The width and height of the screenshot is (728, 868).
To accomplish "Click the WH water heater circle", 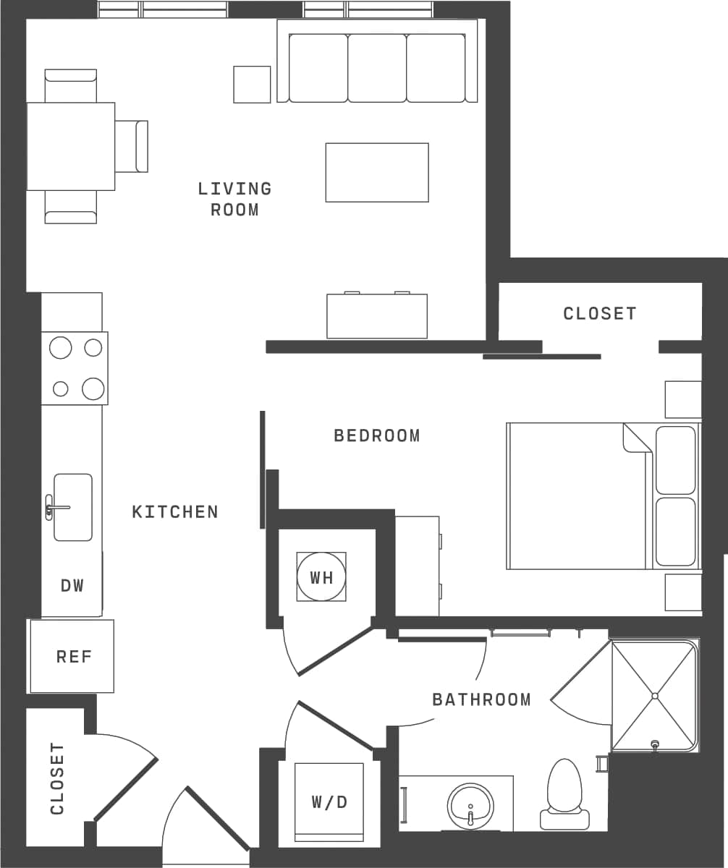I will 321,576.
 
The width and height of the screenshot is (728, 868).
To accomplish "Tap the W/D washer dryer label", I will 329,801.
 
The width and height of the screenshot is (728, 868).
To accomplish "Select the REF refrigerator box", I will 73,656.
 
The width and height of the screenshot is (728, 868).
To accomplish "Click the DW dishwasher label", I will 72,585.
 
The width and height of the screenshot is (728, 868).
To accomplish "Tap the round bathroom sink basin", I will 470,806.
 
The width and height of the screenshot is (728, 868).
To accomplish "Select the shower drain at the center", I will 654,696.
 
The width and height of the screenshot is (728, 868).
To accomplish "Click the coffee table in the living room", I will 376,172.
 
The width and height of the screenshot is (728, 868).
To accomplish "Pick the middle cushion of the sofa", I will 376,68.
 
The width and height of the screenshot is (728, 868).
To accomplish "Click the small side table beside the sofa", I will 252,85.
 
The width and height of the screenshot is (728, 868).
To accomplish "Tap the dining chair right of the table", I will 131,146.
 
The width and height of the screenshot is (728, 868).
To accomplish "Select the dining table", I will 70,146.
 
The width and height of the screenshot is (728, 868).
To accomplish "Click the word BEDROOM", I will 376,435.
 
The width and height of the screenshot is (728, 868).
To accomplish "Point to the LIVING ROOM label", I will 235,199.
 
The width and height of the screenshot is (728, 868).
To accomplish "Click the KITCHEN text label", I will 175,511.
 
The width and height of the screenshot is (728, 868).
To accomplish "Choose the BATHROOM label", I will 481,699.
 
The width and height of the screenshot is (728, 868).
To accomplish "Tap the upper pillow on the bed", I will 675,460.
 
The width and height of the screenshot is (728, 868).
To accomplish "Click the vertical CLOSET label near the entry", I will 57,778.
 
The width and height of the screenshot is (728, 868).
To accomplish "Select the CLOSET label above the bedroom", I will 600,313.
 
